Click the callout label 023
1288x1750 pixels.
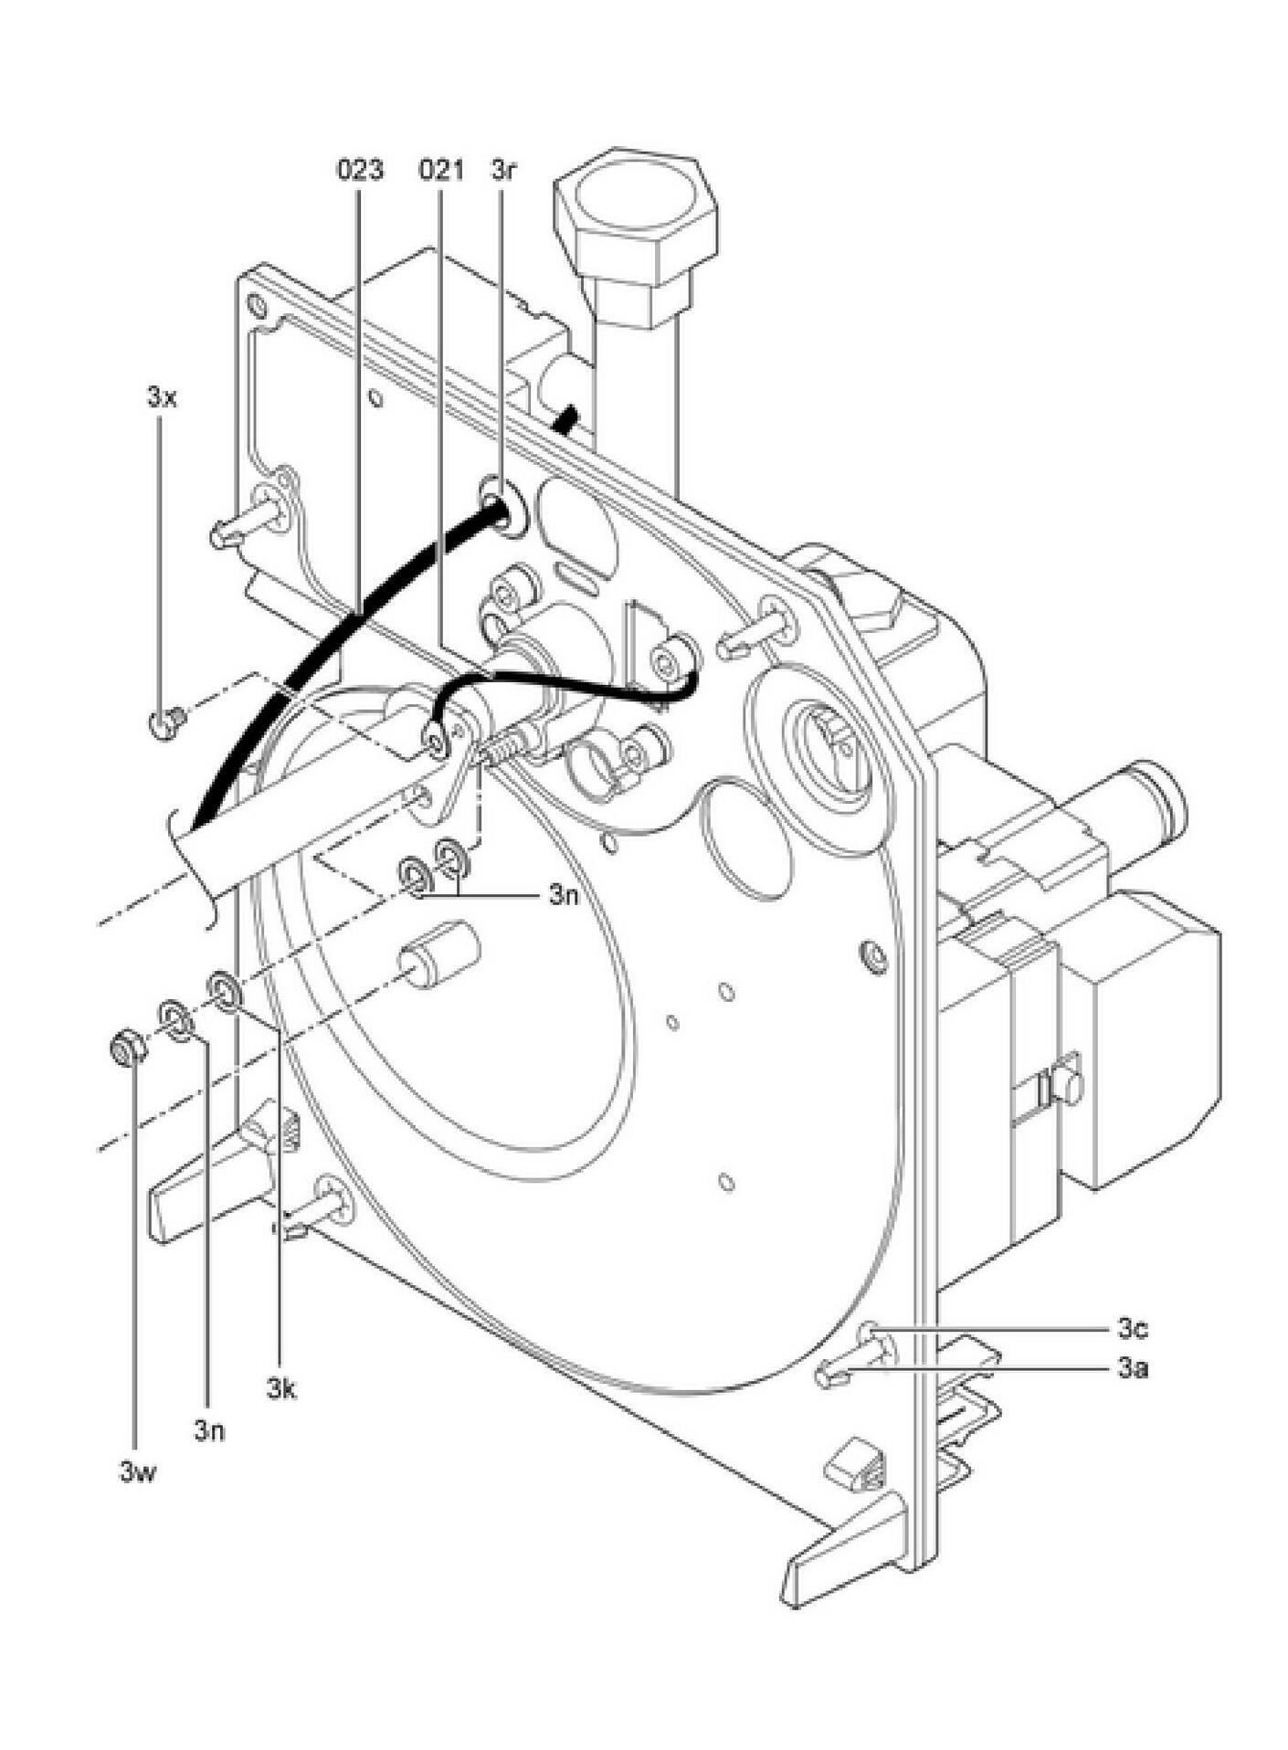click(x=361, y=170)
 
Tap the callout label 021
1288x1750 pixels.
click(x=441, y=170)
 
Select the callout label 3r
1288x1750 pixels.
click(x=503, y=170)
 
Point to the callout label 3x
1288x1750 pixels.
click(x=161, y=398)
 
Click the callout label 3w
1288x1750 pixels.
click(x=137, y=1471)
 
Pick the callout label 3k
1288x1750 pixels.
click(x=281, y=1390)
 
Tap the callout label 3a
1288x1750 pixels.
click(x=1132, y=1367)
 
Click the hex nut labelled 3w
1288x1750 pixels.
click(x=128, y=1048)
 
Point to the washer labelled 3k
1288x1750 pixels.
click(x=225, y=990)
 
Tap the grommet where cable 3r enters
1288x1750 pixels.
click(x=502, y=505)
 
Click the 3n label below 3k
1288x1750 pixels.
click(x=208, y=1430)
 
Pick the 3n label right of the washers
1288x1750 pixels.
click(x=564, y=895)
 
